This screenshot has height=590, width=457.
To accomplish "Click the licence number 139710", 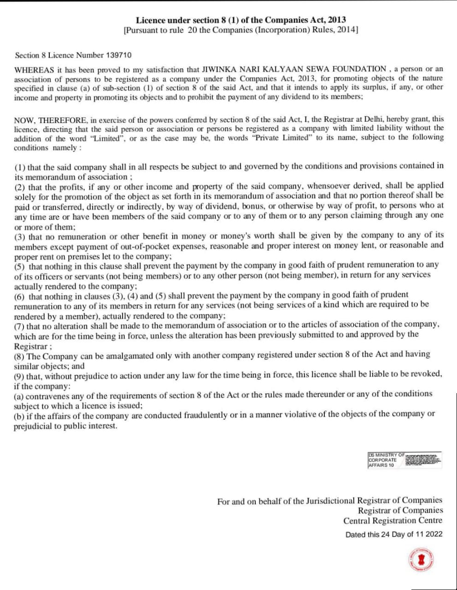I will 118,55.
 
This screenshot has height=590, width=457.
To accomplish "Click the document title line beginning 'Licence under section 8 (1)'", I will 241,20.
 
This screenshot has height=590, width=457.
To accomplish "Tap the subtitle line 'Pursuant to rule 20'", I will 241,30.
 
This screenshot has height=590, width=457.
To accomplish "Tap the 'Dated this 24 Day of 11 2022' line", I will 394,534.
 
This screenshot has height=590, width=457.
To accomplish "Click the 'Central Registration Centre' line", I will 393,521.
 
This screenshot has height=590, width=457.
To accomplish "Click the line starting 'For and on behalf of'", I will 329,501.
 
